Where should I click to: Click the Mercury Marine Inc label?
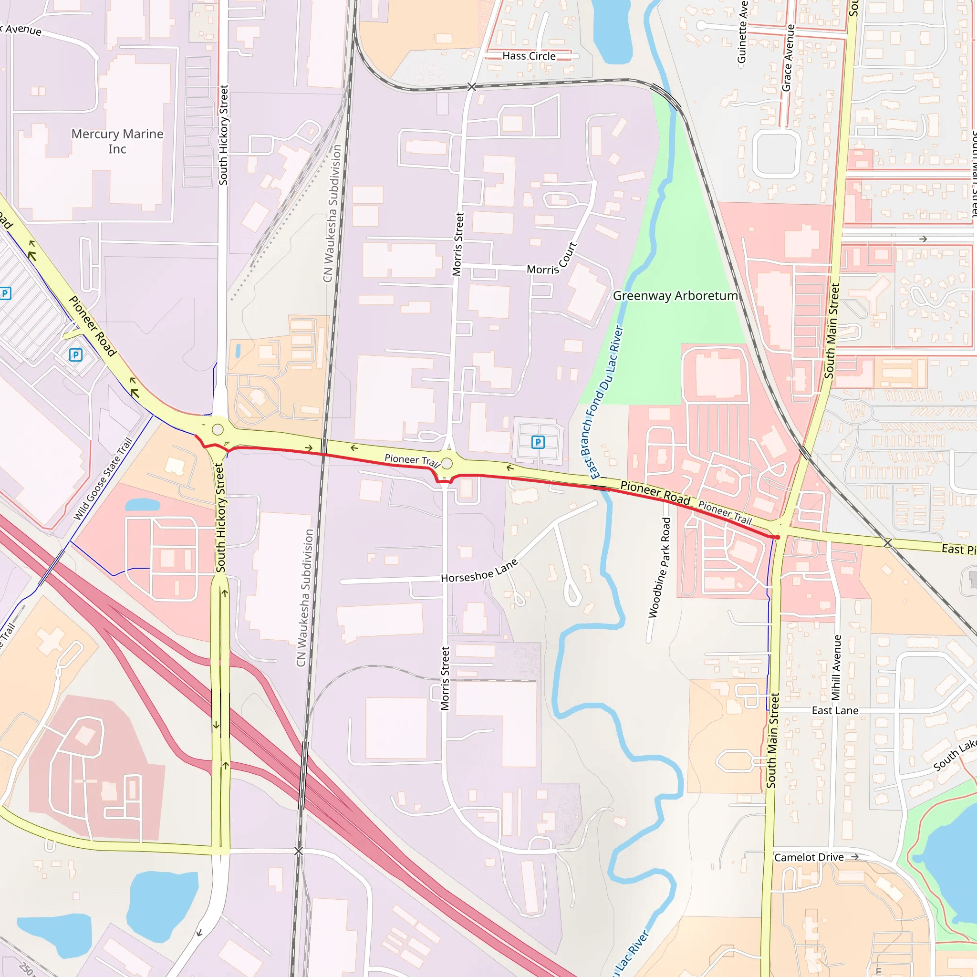[x=117, y=141]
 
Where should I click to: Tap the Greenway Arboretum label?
[x=675, y=296]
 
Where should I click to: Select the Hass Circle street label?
[x=529, y=56]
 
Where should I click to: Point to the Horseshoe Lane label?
[x=479, y=572]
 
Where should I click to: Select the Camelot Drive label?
[x=809, y=857]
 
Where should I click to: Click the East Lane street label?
[x=835, y=710]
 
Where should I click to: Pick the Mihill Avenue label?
[x=836, y=667]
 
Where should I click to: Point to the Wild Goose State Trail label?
[x=103, y=478]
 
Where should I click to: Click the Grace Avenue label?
[x=788, y=58]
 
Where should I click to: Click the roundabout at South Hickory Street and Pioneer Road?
[x=218, y=430]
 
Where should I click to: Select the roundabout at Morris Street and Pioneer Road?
[x=447, y=463]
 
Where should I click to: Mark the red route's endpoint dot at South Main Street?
[x=777, y=537]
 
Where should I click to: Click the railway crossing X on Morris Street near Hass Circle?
[x=471, y=87]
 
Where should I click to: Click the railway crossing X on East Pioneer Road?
[x=887, y=543]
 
